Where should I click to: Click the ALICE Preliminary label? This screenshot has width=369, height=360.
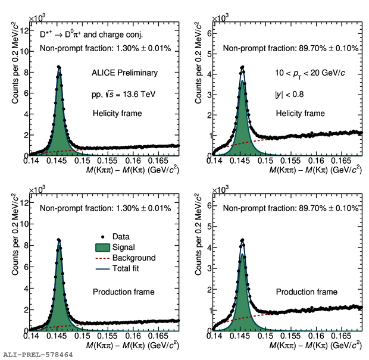[124, 73]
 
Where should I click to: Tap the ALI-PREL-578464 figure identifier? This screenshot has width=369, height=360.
[37, 355]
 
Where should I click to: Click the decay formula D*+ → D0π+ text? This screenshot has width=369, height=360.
[87, 36]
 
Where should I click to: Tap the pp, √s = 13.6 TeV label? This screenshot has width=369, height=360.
[124, 95]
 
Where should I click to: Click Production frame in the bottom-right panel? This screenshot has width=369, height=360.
[307, 292]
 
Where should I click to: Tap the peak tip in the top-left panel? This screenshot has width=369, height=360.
[58, 66]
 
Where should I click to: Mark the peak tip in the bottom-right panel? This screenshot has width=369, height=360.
[242, 240]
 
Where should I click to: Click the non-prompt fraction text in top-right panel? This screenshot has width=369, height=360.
[291, 49]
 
